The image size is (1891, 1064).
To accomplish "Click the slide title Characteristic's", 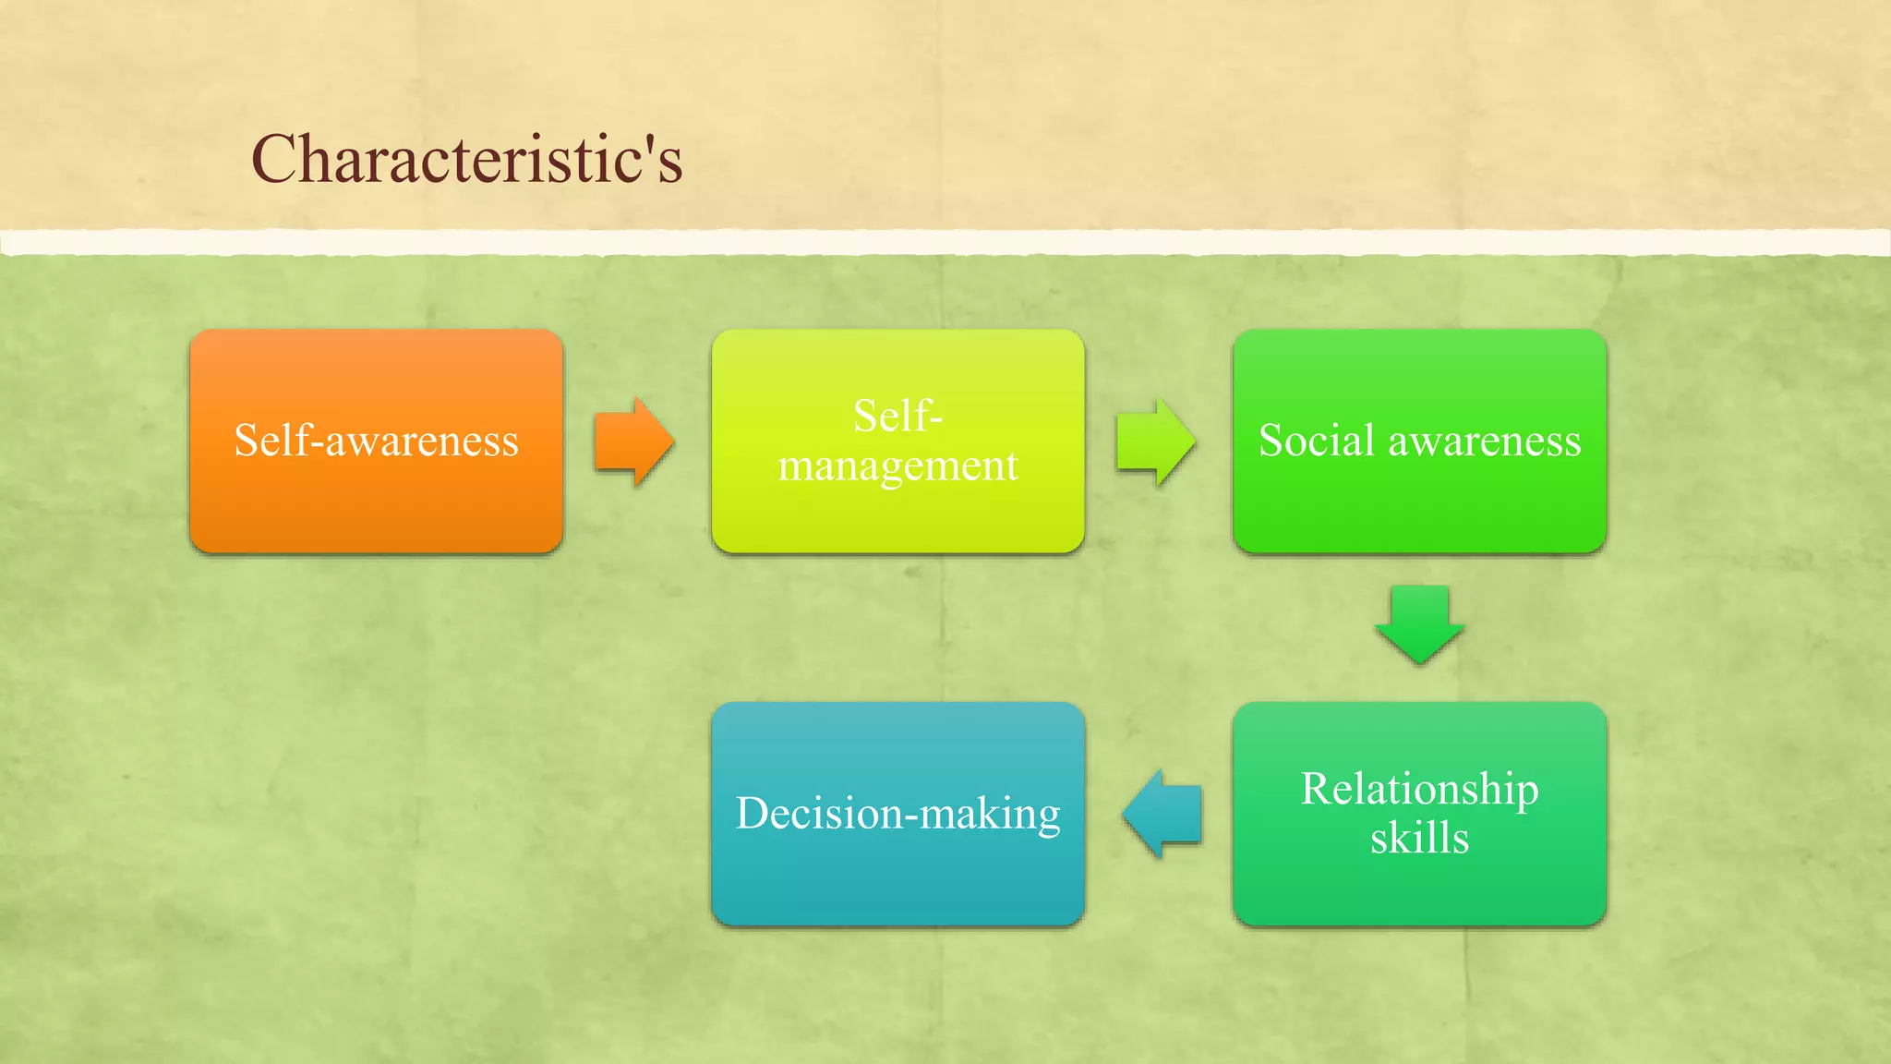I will (466, 159).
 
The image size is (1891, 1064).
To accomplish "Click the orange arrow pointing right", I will (633, 441).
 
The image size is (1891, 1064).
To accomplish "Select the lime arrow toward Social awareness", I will (1155, 441).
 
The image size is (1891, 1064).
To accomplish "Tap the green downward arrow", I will (1419, 624).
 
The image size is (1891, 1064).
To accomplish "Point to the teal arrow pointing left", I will (1162, 815).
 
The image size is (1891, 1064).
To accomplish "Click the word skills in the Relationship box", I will (1419, 839).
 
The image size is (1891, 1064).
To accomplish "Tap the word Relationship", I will (1419, 790).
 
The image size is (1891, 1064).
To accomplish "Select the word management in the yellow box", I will (897, 465).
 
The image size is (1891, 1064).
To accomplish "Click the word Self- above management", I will (897, 416).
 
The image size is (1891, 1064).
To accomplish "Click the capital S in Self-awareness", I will (246, 440).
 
